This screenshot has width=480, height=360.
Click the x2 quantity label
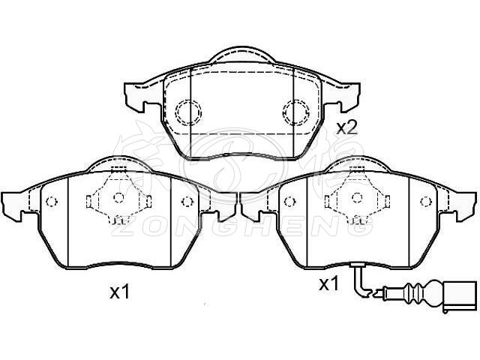[346, 128]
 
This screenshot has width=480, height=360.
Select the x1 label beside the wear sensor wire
[329, 285]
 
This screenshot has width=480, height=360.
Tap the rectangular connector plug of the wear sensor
[459, 296]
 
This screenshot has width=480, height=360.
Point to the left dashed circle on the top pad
[188, 112]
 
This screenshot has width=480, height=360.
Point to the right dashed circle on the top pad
[296, 112]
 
